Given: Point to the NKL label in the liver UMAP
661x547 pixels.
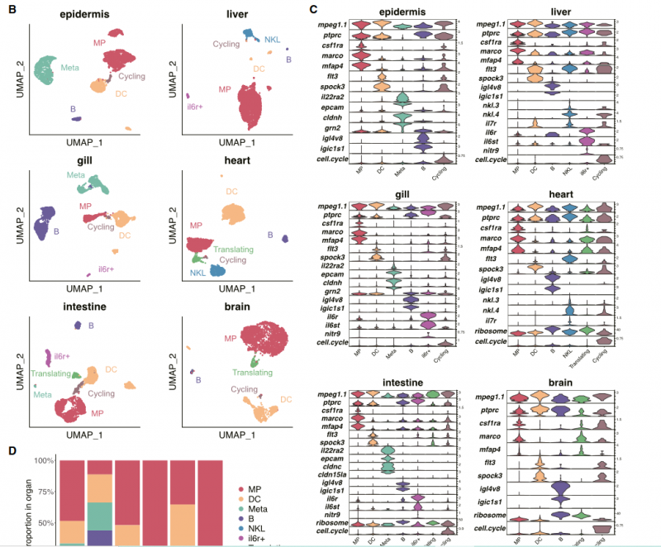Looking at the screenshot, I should (273, 39).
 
